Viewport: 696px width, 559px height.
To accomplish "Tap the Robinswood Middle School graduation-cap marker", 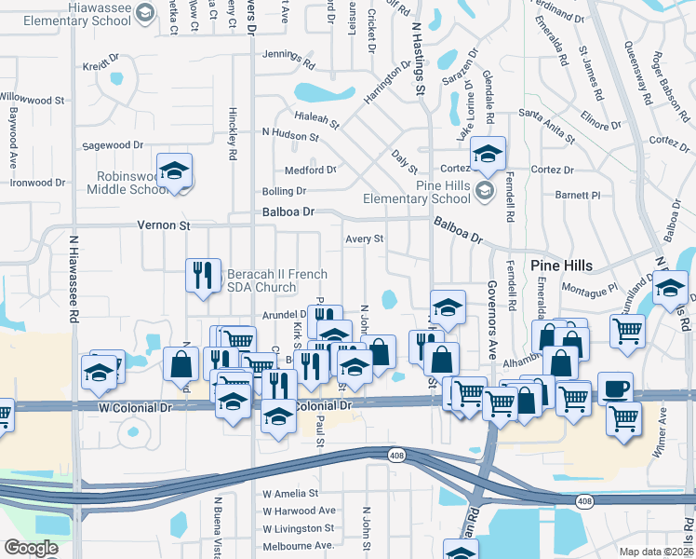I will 174,172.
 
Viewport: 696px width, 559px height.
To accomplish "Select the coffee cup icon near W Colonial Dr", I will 614,389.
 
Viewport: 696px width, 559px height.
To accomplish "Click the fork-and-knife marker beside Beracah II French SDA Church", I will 203,275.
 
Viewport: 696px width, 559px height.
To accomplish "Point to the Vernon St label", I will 164,225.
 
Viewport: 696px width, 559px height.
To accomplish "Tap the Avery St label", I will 365,239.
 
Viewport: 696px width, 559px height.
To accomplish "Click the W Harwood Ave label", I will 299,511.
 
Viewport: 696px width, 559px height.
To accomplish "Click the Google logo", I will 31,548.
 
